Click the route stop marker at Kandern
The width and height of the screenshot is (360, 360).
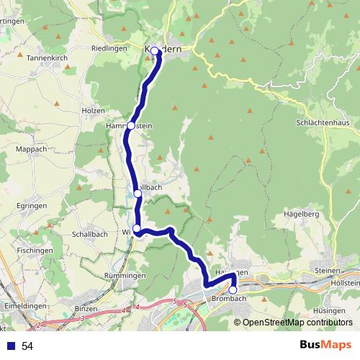155,51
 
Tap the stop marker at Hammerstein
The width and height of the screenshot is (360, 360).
130,126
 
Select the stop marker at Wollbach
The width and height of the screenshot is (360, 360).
138,193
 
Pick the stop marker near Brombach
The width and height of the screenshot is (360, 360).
233,290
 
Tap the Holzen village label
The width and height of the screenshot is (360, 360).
94,110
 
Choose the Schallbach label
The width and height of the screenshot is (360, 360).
90,235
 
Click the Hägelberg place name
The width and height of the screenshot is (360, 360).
301,214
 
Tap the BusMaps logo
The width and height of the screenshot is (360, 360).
325,346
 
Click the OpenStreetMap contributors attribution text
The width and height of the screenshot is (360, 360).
297,323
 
